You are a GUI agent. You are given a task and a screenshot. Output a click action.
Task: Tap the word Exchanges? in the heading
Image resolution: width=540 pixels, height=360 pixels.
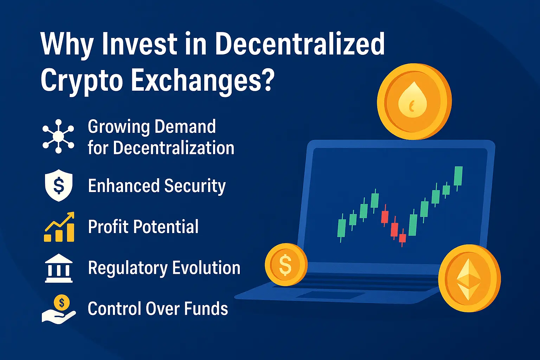[202, 80]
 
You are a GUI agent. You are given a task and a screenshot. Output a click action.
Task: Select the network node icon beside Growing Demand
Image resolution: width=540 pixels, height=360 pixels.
[58, 136]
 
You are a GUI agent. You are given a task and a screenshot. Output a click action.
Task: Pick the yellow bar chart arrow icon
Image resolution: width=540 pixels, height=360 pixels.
[59, 227]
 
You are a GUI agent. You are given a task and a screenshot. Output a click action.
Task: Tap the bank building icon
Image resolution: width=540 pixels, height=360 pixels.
[59, 268]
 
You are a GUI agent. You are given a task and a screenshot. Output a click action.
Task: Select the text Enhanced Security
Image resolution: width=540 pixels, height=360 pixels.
[156, 186]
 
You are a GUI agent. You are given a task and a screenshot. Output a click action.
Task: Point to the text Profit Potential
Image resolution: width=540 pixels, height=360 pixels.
[143, 227]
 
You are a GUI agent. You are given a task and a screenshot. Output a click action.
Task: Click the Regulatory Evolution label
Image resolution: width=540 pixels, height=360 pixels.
[164, 268]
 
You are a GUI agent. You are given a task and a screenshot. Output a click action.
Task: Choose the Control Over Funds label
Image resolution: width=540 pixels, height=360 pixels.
[158, 309]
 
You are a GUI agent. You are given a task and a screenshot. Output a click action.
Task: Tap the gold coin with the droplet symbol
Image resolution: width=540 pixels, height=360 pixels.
[414, 102]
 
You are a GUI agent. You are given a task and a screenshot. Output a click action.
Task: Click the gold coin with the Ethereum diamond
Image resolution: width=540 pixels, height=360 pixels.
[469, 278]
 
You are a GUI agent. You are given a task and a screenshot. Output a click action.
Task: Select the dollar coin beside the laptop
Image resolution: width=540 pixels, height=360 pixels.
[286, 265]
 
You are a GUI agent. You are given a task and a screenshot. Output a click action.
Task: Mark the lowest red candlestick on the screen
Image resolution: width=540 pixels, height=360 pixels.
[403, 238]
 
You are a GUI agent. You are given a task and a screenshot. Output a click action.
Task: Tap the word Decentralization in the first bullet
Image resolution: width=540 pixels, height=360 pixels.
[174, 148]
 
